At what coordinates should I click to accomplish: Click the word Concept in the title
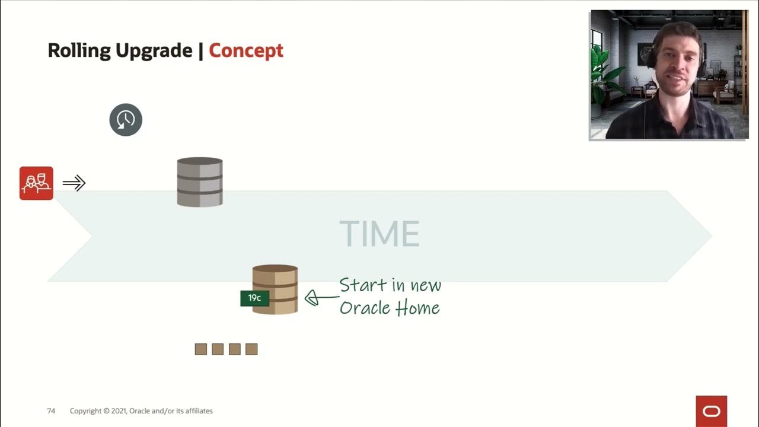pyautogui.click(x=245, y=51)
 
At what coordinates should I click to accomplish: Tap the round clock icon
pyautogui.click(x=126, y=120)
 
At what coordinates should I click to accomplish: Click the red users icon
pyautogui.click(x=36, y=183)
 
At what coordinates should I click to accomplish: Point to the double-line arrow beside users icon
pyautogui.click(x=74, y=183)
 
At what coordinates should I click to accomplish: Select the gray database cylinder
pyautogui.click(x=200, y=182)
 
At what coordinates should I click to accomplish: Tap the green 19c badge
pyautogui.click(x=254, y=298)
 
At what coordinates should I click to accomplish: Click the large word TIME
pyautogui.click(x=379, y=234)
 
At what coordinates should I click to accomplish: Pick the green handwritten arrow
pyautogui.click(x=321, y=297)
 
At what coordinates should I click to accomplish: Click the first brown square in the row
pyautogui.click(x=201, y=349)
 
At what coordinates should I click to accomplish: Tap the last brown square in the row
pyautogui.click(x=251, y=349)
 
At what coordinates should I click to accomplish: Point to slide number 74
pyautogui.click(x=51, y=411)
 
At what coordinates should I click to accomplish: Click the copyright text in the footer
pyautogui.click(x=141, y=411)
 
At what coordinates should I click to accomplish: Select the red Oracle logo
pyautogui.click(x=711, y=412)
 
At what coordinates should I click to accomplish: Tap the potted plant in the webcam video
pyautogui.click(x=605, y=74)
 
